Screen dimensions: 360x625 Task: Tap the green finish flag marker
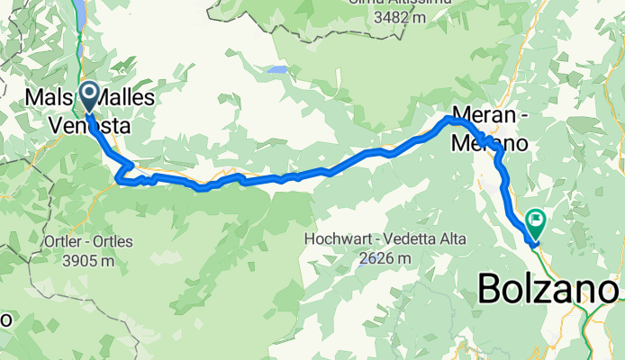click(537, 219)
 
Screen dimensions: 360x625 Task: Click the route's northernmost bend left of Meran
click(450, 119)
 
